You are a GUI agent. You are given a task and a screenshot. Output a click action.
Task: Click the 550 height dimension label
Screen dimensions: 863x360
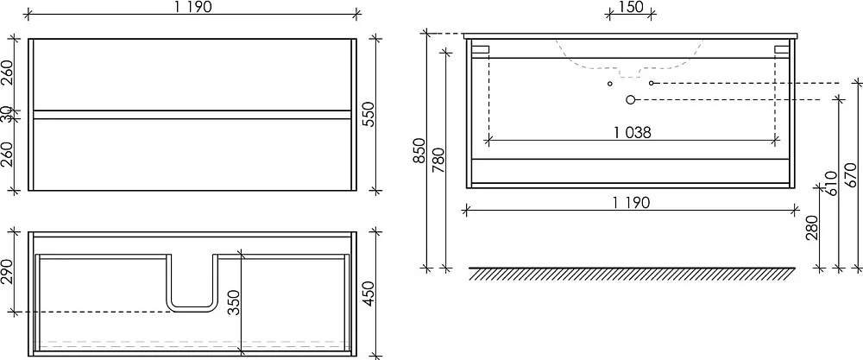coord(369,114)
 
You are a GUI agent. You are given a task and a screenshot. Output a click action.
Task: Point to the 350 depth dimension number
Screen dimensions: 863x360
coord(235,302)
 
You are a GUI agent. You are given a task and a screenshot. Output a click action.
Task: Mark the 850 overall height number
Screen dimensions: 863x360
coord(419,150)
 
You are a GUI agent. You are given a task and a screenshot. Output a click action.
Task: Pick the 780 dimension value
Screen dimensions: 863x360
coord(438,161)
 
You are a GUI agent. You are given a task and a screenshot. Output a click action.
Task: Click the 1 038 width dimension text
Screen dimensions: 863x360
coord(632,133)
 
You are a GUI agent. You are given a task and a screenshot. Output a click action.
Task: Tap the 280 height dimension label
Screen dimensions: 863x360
coord(812,228)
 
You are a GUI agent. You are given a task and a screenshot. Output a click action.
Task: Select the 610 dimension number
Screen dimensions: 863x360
coord(830,183)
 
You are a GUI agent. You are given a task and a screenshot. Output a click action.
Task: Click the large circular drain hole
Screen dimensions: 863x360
coord(631,99)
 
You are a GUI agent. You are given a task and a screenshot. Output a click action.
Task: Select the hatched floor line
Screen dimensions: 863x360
coord(632,274)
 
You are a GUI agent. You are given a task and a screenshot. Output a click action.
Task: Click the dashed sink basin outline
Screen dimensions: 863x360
coord(629,70)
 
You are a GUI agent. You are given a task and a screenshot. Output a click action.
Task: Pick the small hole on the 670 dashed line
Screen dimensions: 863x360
coord(651,83)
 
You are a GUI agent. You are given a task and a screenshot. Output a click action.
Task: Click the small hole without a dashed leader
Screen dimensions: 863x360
coord(610,84)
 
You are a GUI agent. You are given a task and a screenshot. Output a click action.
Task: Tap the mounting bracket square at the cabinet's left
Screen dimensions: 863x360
coord(481,49)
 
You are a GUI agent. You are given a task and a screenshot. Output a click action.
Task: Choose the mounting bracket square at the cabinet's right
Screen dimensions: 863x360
coord(782,49)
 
